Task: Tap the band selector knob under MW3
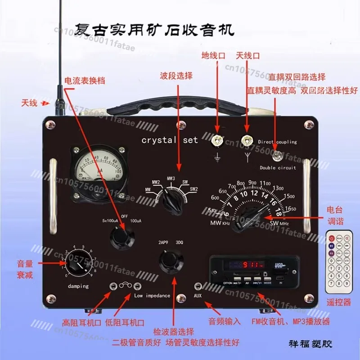pos(172,201)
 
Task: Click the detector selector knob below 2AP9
pos(171,261)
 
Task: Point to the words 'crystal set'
pos(169,140)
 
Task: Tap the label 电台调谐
pos(338,215)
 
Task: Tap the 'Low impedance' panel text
pos(152,296)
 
